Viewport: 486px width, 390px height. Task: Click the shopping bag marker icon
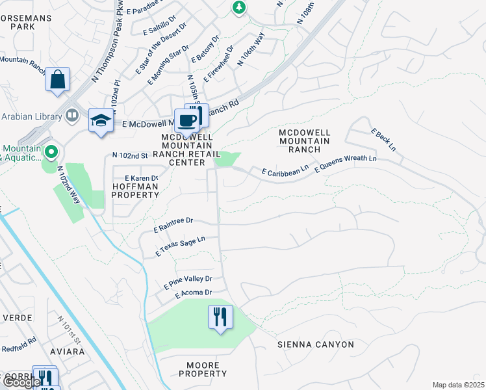(x=58, y=80)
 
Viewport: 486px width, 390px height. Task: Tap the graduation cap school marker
(x=101, y=120)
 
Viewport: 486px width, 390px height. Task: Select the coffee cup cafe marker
(x=187, y=121)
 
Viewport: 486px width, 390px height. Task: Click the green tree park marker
(x=239, y=7)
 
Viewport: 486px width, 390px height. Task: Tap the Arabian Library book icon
(x=72, y=116)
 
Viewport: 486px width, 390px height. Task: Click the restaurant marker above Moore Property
(x=220, y=317)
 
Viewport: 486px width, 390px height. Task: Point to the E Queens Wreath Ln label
(x=345, y=163)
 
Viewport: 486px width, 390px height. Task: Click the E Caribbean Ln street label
(x=285, y=171)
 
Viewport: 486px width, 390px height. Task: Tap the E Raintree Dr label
(x=173, y=225)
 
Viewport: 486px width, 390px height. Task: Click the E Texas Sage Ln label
(x=180, y=245)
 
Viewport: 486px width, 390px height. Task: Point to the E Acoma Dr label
(x=193, y=294)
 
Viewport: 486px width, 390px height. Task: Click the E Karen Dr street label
(x=136, y=178)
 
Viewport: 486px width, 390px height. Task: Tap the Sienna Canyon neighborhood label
(x=316, y=344)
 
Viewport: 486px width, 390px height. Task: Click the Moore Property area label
(x=203, y=369)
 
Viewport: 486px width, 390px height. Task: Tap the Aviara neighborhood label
(x=67, y=352)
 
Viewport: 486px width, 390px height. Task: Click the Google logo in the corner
(x=21, y=382)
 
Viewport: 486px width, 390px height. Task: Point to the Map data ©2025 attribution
(x=457, y=385)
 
